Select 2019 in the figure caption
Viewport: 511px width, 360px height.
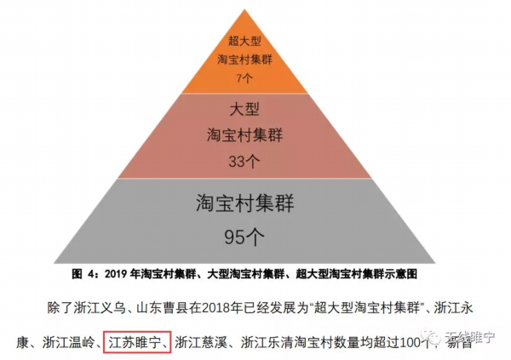pos(118,275)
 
